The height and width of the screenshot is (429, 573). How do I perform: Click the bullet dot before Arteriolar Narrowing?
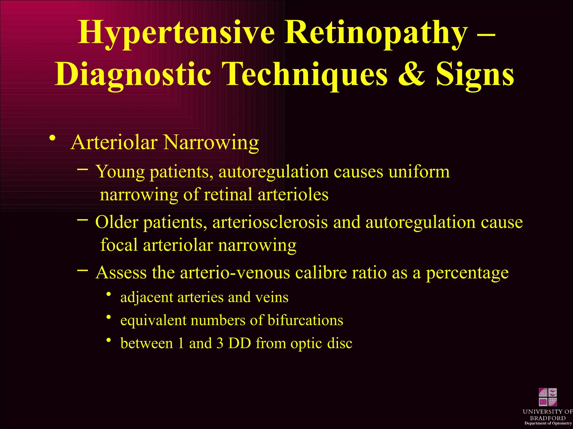[x=52, y=138]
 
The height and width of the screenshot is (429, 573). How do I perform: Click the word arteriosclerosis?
[x=270, y=223]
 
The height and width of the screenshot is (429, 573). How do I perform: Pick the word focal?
[x=119, y=245]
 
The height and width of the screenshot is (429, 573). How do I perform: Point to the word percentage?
[x=467, y=273]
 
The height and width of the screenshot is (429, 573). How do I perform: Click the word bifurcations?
[x=305, y=320]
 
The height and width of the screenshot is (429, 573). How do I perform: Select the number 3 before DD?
[x=220, y=343]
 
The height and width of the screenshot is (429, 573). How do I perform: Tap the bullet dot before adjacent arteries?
[x=109, y=294]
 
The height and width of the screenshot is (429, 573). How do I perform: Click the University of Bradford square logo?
[x=548, y=397]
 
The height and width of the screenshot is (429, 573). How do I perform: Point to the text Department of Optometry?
[x=548, y=423]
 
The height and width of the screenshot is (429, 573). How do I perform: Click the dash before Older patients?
[x=82, y=220]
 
